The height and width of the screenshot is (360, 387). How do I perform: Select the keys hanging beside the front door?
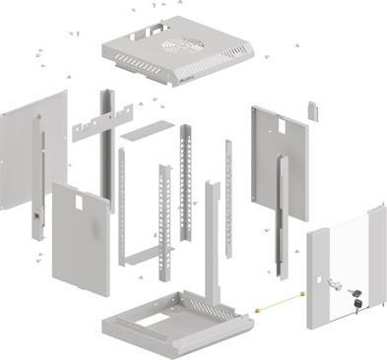click(354, 302)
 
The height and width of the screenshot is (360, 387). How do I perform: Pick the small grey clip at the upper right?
click(312, 107)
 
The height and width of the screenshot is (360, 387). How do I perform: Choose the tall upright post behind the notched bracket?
click(106, 148)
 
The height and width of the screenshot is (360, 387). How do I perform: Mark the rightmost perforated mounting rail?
click(228, 192)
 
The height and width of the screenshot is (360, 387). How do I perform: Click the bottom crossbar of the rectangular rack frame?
click(145, 261)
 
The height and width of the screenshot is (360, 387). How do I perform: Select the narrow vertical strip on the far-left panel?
click(40, 177)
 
